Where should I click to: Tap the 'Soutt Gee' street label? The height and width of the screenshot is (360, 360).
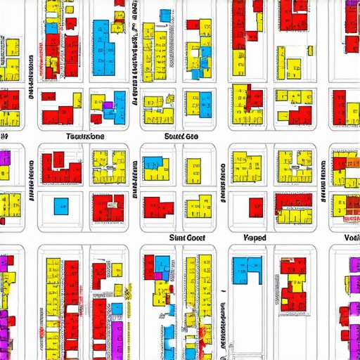(x=181, y=136)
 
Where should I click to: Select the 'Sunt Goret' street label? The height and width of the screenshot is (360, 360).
(x=187, y=238)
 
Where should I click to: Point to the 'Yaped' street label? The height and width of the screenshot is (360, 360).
(x=255, y=238)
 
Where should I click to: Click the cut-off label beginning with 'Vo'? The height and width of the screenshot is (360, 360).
(x=352, y=238)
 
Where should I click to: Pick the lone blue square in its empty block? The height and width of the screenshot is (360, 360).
(x=61, y=206)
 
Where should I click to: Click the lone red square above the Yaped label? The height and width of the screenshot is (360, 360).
(x=256, y=207)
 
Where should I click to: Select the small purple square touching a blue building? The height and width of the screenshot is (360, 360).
(x=108, y=106)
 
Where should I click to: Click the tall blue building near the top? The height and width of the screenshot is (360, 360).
(x=103, y=42)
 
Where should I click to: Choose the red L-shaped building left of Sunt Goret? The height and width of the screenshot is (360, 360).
(x=157, y=207)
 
